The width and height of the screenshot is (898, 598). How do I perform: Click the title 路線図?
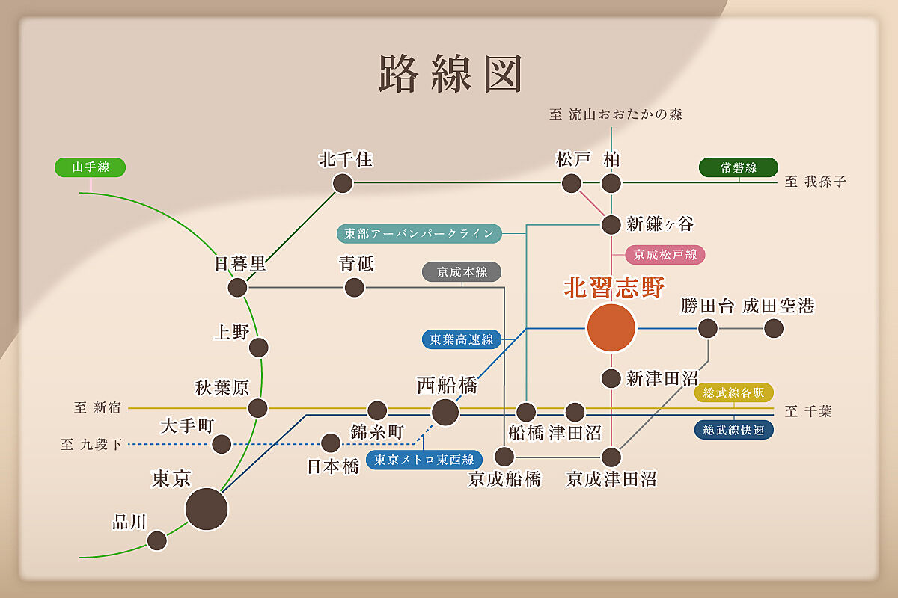(x=450, y=73)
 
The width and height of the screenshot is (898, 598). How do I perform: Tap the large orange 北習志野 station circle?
(x=611, y=327)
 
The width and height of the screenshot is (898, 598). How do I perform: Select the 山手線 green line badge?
(x=91, y=167)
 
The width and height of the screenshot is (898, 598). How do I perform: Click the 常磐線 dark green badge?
(x=738, y=168)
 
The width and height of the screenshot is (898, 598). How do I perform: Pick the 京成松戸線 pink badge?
(x=665, y=254)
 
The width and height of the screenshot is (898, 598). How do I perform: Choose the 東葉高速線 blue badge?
(x=461, y=339)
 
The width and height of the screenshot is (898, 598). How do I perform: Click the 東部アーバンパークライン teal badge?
(x=419, y=233)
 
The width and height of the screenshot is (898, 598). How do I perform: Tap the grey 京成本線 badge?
(x=462, y=272)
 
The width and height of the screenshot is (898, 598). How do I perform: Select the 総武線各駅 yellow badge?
(x=733, y=392)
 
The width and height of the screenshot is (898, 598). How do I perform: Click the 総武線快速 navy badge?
(x=733, y=430)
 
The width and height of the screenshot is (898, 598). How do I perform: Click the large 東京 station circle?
(x=207, y=508)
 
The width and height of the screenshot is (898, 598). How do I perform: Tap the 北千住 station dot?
(x=343, y=183)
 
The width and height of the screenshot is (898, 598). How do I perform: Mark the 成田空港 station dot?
(x=774, y=328)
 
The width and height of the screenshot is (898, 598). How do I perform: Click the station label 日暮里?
(x=239, y=263)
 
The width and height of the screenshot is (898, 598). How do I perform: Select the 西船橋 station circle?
(x=445, y=411)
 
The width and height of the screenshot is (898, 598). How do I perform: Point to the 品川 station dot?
(x=157, y=540)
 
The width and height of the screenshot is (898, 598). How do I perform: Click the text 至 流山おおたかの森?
(x=615, y=114)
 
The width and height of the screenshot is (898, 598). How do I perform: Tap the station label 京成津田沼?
(x=611, y=479)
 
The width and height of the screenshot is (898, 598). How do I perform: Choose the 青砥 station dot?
(x=355, y=287)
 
